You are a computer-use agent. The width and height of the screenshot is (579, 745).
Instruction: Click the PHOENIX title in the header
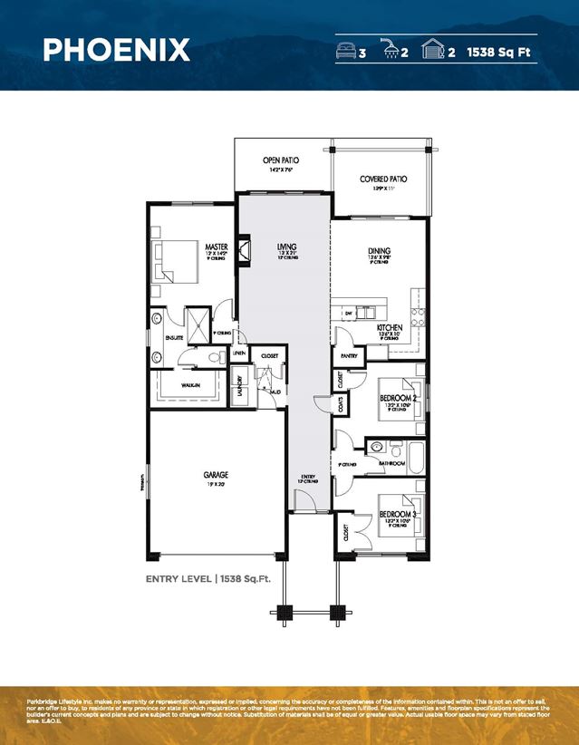(x=116, y=49)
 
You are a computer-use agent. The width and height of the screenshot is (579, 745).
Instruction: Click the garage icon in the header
(x=433, y=51)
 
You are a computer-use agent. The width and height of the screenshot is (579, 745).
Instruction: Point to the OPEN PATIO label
(x=281, y=160)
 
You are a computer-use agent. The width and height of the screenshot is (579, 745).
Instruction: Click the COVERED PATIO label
(x=383, y=179)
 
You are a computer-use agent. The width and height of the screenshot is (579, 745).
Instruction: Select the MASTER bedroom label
(x=216, y=247)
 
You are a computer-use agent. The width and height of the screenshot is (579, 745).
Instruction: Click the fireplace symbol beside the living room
(x=244, y=249)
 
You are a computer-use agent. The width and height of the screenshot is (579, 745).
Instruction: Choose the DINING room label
(x=379, y=252)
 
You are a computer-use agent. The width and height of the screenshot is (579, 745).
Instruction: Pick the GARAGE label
(x=217, y=474)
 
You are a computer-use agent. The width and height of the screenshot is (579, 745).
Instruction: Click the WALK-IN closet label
(x=190, y=385)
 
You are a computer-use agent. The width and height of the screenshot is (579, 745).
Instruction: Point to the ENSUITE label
(x=174, y=338)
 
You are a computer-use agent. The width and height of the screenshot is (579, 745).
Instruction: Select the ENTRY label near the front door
(x=309, y=476)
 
